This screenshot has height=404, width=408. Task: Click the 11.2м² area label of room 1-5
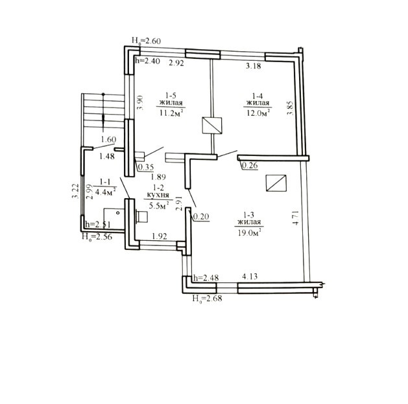[171, 113]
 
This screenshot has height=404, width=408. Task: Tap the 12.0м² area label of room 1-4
[258, 113]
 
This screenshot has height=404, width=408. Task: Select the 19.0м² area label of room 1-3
[249, 232]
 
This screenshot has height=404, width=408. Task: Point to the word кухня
[158, 195]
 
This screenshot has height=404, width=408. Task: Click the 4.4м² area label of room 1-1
[105, 192]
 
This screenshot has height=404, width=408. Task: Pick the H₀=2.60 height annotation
[146, 41]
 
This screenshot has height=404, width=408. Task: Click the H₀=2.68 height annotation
[207, 298]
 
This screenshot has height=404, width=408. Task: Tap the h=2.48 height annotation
[206, 278]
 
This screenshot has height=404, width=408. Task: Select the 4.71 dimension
[296, 218]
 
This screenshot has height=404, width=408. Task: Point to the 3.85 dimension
[290, 108]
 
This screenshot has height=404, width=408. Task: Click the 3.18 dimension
[253, 65]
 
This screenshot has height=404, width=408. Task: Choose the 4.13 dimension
[250, 276]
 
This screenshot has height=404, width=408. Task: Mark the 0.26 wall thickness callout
[250, 165]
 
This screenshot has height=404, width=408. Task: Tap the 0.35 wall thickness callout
[146, 167]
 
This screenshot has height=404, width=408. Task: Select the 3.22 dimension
[75, 191]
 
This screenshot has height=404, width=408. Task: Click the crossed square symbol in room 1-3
[276, 183]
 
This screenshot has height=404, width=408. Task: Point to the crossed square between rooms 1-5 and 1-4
[212, 126]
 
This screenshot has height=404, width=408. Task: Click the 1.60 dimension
[108, 139]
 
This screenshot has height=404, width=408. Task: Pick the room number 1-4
[258, 96]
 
